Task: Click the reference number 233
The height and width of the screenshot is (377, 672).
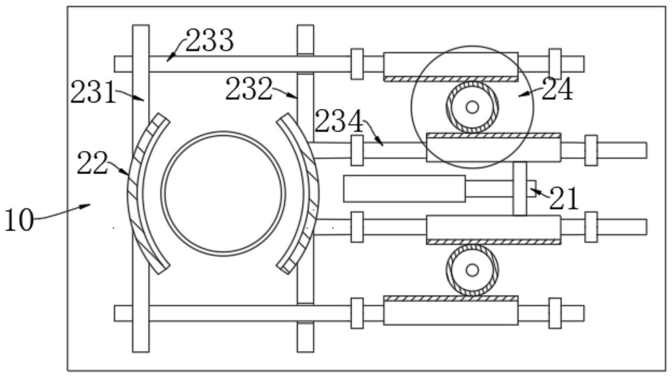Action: coord(210,40)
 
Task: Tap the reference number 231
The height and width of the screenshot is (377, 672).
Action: coord(93,92)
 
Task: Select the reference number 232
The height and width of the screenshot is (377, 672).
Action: coord(249,88)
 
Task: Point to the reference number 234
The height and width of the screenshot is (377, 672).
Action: coord(339,121)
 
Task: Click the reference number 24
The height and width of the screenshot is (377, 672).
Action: coord(558,89)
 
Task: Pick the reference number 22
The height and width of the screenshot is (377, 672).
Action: coord(92,163)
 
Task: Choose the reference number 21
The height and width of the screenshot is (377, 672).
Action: coord(564,198)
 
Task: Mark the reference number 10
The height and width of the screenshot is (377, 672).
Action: coord(18,220)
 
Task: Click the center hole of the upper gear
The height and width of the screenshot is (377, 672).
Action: coord(472,107)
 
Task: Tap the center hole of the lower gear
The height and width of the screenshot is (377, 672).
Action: coord(472,270)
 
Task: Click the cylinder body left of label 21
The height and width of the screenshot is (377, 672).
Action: coord(404,188)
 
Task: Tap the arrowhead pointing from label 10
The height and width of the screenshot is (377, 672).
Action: coord(87,205)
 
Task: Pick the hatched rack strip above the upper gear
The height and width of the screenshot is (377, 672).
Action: coord(451,79)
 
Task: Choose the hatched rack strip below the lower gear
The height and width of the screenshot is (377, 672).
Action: coord(451,298)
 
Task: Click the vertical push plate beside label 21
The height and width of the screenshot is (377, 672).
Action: coord(520,188)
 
